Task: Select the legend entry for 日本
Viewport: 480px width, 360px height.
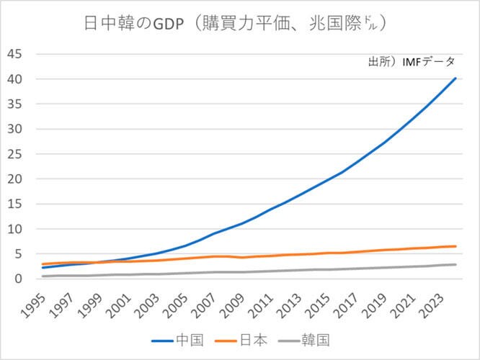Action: [x=248, y=339]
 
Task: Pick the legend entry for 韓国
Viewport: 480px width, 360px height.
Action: [x=318, y=339]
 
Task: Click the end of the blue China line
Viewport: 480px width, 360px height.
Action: [x=455, y=78]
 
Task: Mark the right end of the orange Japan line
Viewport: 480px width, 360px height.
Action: [x=455, y=246]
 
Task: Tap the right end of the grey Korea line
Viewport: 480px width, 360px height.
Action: [x=455, y=264]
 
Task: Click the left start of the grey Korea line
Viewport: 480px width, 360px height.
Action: [x=43, y=276]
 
